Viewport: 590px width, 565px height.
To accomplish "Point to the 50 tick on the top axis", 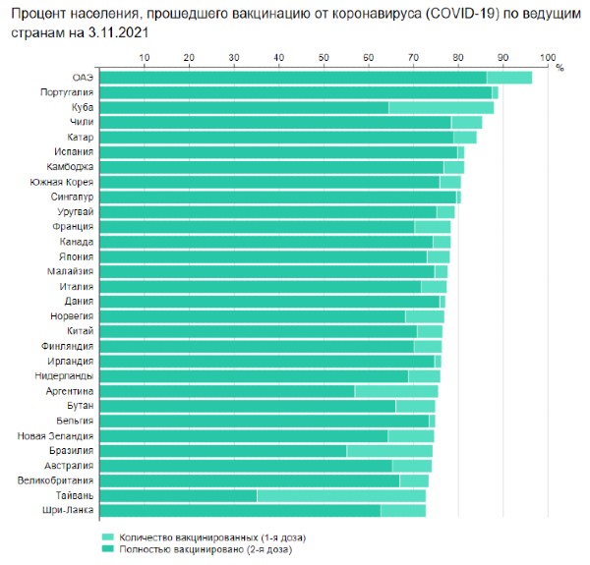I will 324,56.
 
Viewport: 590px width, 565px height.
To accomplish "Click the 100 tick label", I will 548,56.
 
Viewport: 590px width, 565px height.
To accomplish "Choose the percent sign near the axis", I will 559,68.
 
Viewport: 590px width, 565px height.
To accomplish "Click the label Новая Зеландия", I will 56,435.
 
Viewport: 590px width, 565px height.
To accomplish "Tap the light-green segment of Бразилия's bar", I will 389,450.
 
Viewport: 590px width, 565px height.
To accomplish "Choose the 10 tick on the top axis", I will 145,56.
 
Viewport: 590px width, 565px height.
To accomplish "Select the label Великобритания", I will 56,480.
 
